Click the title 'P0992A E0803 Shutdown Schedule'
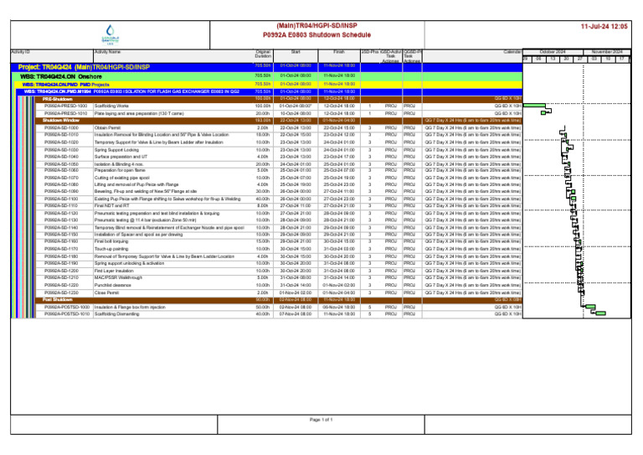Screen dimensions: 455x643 tap(321, 36)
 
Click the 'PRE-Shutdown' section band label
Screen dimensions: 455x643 tap(59, 99)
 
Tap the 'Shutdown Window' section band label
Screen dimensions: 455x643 tap(62, 121)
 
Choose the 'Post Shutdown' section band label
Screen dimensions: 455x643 tap(59, 299)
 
